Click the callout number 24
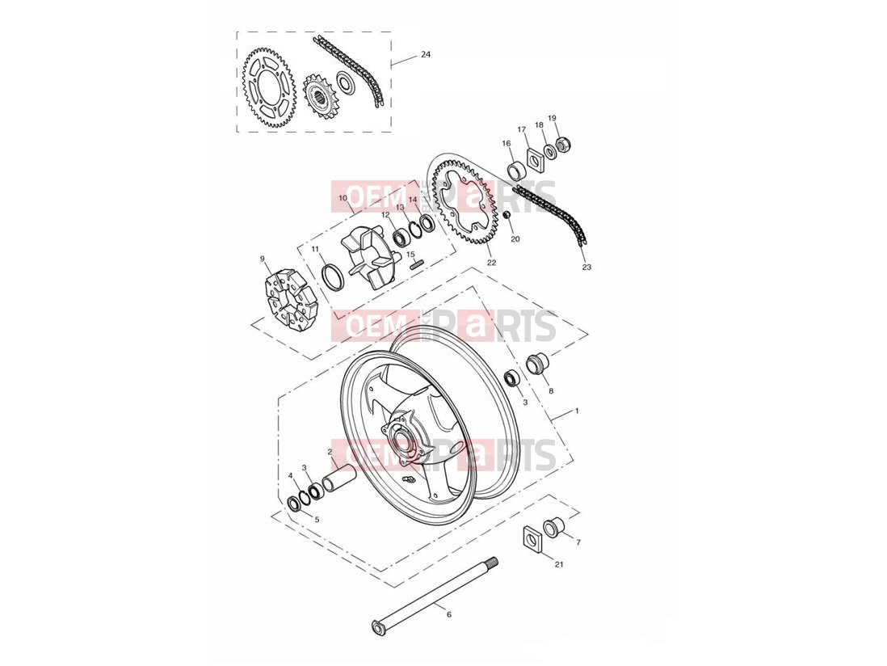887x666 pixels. pyautogui.click(x=426, y=55)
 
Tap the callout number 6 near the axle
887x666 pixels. pyautogui.click(x=449, y=614)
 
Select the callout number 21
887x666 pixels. pyautogui.click(x=559, y=564)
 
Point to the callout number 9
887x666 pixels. pyautogui.click(x=263, y=259)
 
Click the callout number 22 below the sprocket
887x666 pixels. pyautogui.click(x=492, y=263)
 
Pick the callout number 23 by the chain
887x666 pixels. pyautogui.click(x=586, y=267)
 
